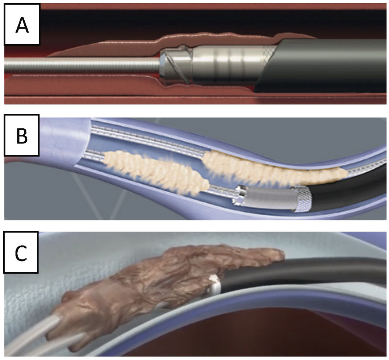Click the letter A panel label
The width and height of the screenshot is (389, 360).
click(22, 24)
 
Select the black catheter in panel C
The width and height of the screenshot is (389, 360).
click(308, 275)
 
